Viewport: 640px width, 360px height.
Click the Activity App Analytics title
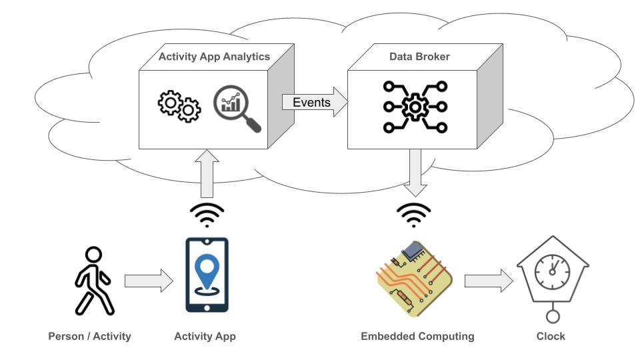[x=214, y=57]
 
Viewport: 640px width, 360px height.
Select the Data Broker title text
[x=419, y=57]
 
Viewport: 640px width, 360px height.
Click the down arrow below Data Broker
[x=414, y=173]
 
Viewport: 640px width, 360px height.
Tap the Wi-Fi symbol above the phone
[x=207, y=214]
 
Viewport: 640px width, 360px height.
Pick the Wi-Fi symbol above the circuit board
[x=414, y=214]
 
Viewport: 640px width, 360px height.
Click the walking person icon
[x=93, y=281]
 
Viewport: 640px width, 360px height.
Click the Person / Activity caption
[x=89, y=336]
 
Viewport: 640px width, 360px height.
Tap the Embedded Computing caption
[x=417, y=336]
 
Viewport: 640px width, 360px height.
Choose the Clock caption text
[x=551, y=336]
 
